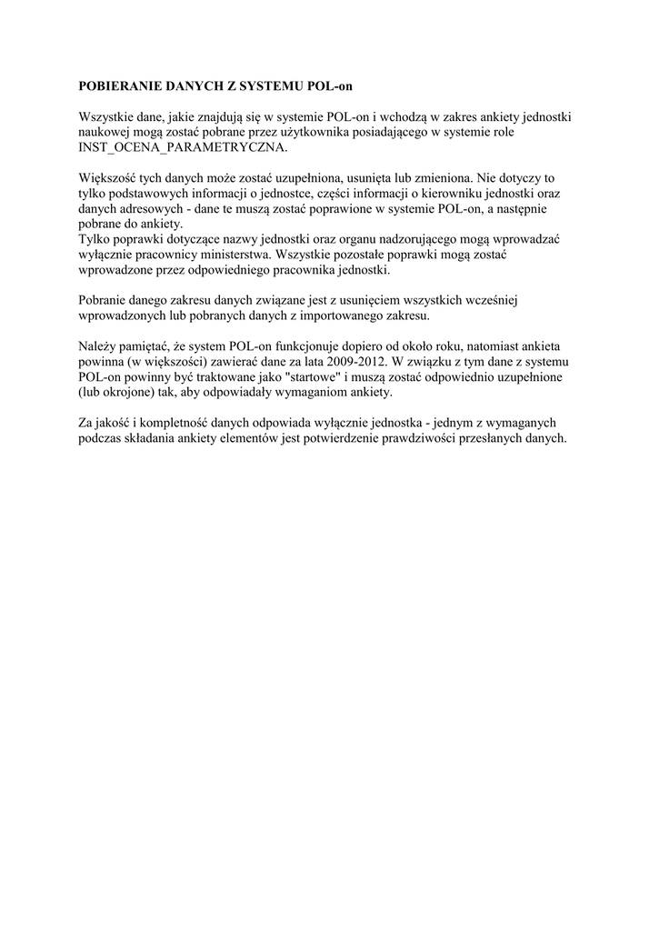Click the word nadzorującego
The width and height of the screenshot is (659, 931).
(411, 238)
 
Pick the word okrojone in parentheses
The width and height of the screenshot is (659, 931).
(138, 390)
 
